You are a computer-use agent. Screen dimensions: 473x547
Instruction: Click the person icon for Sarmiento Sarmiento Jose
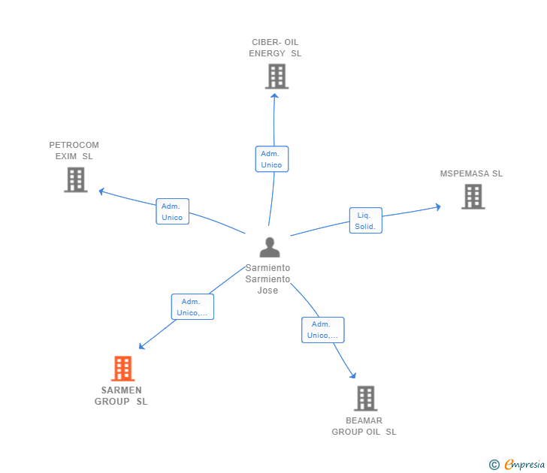pyautogui.click(x=269, y=247)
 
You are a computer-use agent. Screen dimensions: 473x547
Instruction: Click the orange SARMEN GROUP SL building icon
pyautogui.click(x=122, y=369)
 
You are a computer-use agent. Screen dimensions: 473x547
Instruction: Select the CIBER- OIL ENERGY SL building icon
pyautogui.click(x=277, y=76)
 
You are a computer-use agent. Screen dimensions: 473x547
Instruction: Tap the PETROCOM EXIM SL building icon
pyautogui.click(x=75, y=179)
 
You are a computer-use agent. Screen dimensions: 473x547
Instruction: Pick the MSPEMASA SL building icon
pyautogui.click(x=473, y=196)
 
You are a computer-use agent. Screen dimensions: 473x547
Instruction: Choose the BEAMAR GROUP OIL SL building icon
pyautogui.click(x=365, y=399)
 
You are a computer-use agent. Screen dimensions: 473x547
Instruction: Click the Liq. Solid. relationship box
pyautogui.click(x=366, y=221)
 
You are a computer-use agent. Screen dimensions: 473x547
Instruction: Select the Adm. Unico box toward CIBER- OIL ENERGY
pyautogui.click(x=271, y=159)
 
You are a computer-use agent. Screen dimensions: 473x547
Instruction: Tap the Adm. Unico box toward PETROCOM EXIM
pyautogui.click(x=172, y=212)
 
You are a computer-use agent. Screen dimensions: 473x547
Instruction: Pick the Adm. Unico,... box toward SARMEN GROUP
pyautogui.click(x=192, y=307)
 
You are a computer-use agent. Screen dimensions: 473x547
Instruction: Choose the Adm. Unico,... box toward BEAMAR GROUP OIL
pyautogui.click(x=323, y=330)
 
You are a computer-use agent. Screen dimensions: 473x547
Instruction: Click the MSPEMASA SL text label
pyautogui.click(x=471, y=173)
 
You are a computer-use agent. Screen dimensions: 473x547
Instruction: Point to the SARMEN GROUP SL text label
pyautogui.click(x=121, y=396)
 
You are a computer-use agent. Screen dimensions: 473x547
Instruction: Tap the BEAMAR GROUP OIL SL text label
pyautogui.click(x=364, y=426)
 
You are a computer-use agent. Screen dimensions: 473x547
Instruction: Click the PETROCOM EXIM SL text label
pyautogui.click(x=74, y=151)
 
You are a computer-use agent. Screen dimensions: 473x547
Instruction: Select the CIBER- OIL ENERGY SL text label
pyautogui.click(x=275, y=48)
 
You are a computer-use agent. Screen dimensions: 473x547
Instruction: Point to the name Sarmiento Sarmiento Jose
pyautogui.click(x=267, y=279)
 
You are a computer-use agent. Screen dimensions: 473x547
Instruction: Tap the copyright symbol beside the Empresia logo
pyautogui.click(x=494, y=465)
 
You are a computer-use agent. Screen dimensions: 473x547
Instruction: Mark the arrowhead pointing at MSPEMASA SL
pyautogui.click(x=438, y=206)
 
